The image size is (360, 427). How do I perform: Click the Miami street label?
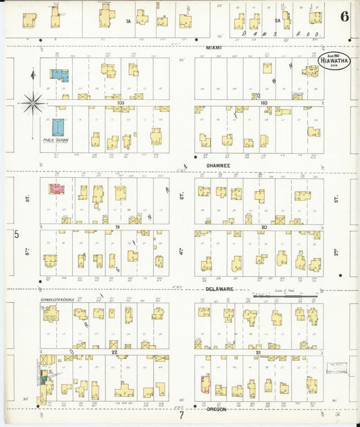coord(215,47)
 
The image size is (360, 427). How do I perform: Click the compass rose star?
coord(32,103)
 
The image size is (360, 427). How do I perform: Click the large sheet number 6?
coord(344,16)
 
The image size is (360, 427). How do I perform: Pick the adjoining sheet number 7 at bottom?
coord(181,416)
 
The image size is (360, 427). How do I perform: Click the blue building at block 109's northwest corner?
coord(59,76)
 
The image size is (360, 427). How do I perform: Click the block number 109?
coord(120,103)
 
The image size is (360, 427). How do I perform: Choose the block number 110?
coord(263,103)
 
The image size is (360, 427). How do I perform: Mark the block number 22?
coord(115,352)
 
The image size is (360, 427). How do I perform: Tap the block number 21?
coord(258,352)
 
